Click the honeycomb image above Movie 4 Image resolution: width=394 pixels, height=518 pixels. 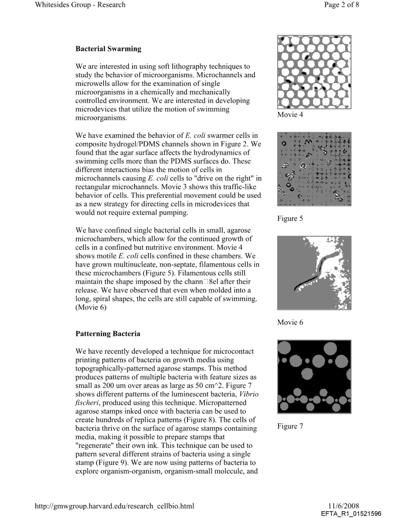(x=314, y=71)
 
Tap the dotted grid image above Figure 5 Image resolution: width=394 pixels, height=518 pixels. (x=314, y=169)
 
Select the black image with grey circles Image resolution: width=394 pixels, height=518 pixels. (x=314, y=377)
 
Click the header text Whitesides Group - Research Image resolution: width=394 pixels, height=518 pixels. (x=80, y=5)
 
